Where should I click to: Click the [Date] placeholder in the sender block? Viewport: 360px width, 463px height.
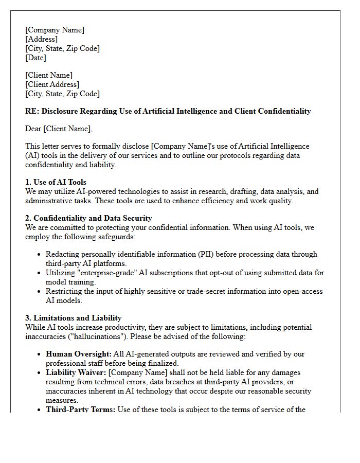pyautogui.click(x=35, y=58)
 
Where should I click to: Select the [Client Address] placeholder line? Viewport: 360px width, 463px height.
pyautogui.click(x=52, y=84)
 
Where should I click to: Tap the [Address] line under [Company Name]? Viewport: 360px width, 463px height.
pyautogui.click(x=41, y=39)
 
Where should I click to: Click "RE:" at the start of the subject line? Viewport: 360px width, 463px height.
pyautogui.click(x=32, y=111)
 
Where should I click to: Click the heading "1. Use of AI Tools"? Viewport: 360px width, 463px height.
pyautogui.click(x=56, y=182)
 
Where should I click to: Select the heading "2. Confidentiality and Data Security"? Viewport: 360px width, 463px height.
pyautogui.click(x=88, y=218)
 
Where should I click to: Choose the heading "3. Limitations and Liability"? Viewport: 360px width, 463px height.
pyautogui.click(x=73, y=318)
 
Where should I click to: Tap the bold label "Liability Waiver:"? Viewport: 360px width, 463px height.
pyautogui.click(x=76, y=372)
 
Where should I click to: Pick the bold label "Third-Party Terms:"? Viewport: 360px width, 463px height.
pyautogui.click(x=80, y=409)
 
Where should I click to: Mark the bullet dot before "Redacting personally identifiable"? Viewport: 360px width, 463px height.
pyautogui.click(x=39, y=255)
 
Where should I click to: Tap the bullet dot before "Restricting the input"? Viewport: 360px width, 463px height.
pyautogui.click(x=39, y=292)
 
